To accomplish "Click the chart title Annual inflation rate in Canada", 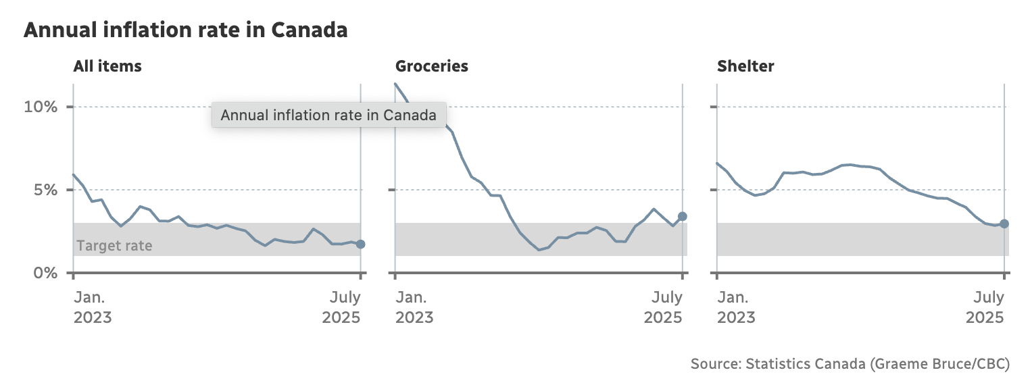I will click(x=186, y=30).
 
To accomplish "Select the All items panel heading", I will click(x=107, y=66).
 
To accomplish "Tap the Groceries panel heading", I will click(x=431, y=66).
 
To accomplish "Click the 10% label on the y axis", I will click(x=42, y=107).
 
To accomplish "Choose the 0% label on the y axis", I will click(x=46, y=273).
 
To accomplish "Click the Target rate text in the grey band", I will click(x=114, y=246).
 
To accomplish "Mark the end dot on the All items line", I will click(x=360, y=244).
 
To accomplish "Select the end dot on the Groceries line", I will click(x=683, y=216).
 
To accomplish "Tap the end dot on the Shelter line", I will click(x=1004, y=224).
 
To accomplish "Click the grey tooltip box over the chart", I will click(x=328, y=115).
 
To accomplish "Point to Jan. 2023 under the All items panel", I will click(x=93, y=307).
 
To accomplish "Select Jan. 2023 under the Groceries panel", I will click(x=414, y=307).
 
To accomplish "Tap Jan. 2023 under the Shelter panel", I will click(x=736, y=307).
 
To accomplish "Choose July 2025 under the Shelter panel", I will click(x=985, y=307).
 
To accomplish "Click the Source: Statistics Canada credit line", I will click(x=850, y=364).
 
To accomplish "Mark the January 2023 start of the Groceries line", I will click(x=395, y=84).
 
